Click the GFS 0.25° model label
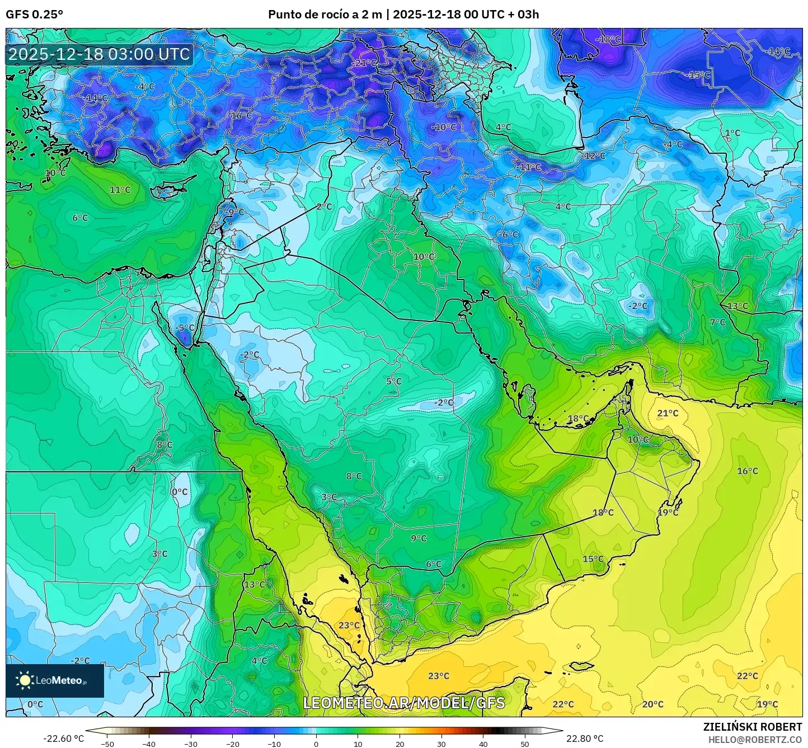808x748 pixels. coord(35,15)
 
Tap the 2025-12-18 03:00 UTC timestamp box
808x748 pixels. coord(99,54)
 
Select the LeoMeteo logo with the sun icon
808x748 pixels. coord(54,680)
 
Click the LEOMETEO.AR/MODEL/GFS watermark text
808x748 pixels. coord(403,703)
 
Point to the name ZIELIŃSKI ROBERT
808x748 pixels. coord(753,727)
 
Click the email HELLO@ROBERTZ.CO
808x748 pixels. coord(755,739)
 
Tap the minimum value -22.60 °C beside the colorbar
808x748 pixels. coord(63,738)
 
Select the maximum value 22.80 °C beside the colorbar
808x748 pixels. coord(585,738)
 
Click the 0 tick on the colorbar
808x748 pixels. coord(316,744)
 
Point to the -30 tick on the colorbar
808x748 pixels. coord(191,744)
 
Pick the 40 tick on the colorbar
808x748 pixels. coord(483,744)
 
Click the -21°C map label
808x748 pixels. coord(364,63)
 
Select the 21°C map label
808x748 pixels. coord(668,413)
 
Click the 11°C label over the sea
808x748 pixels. coord(120,190)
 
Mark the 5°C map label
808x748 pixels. coord(394,381)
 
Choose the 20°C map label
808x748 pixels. coord(653,704)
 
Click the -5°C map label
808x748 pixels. coord(185,328)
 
